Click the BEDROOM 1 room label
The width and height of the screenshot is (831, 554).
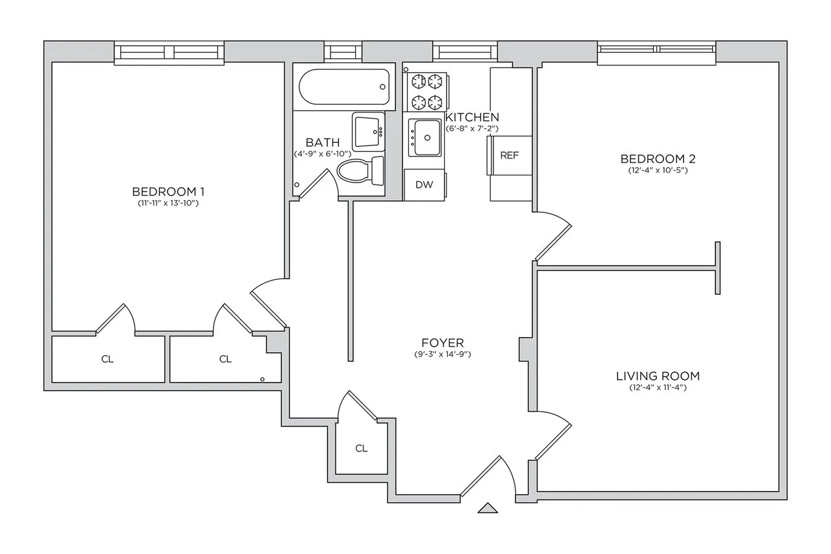tap(169, 192)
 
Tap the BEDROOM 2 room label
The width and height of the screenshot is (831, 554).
tap(654, 159)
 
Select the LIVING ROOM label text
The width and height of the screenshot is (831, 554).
tap(658, 376)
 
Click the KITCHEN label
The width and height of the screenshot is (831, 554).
tap(472, 118)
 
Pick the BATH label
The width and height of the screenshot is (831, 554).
tap(322, 142)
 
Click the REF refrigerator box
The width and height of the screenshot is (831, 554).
tap(509, 156)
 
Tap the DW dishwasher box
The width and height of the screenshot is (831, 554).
tap(424, 184)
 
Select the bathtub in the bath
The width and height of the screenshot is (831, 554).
tap(344, 87)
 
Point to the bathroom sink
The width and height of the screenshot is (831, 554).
tap(369, 131)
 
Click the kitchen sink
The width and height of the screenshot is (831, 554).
tap(425, 138)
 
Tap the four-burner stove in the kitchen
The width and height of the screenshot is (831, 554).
tap(427, 92)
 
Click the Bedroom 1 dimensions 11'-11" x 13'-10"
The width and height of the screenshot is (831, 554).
tap(169, 203)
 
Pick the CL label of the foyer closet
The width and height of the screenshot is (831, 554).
tap(362, 448)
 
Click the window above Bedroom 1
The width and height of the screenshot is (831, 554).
tap(169, 53)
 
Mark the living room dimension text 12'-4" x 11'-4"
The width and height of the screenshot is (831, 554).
tap(658, 388)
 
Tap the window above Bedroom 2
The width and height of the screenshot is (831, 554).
tap(657, 53)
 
